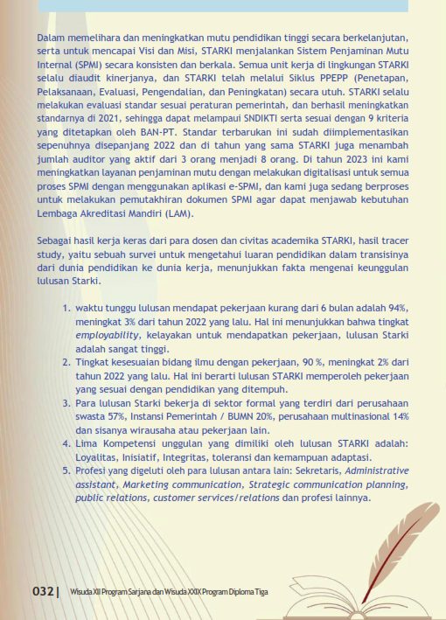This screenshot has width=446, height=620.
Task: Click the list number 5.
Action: (66, 470)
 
